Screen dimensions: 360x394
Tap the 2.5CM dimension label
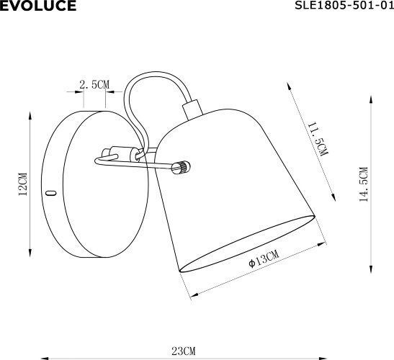(x=94, y=84)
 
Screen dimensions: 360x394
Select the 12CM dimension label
(x=23, y=184)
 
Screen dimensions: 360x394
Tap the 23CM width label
(x=184, y=351)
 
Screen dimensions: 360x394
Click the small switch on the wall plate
(x=50, y=192)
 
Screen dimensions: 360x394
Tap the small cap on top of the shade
(x=191, y=109)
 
